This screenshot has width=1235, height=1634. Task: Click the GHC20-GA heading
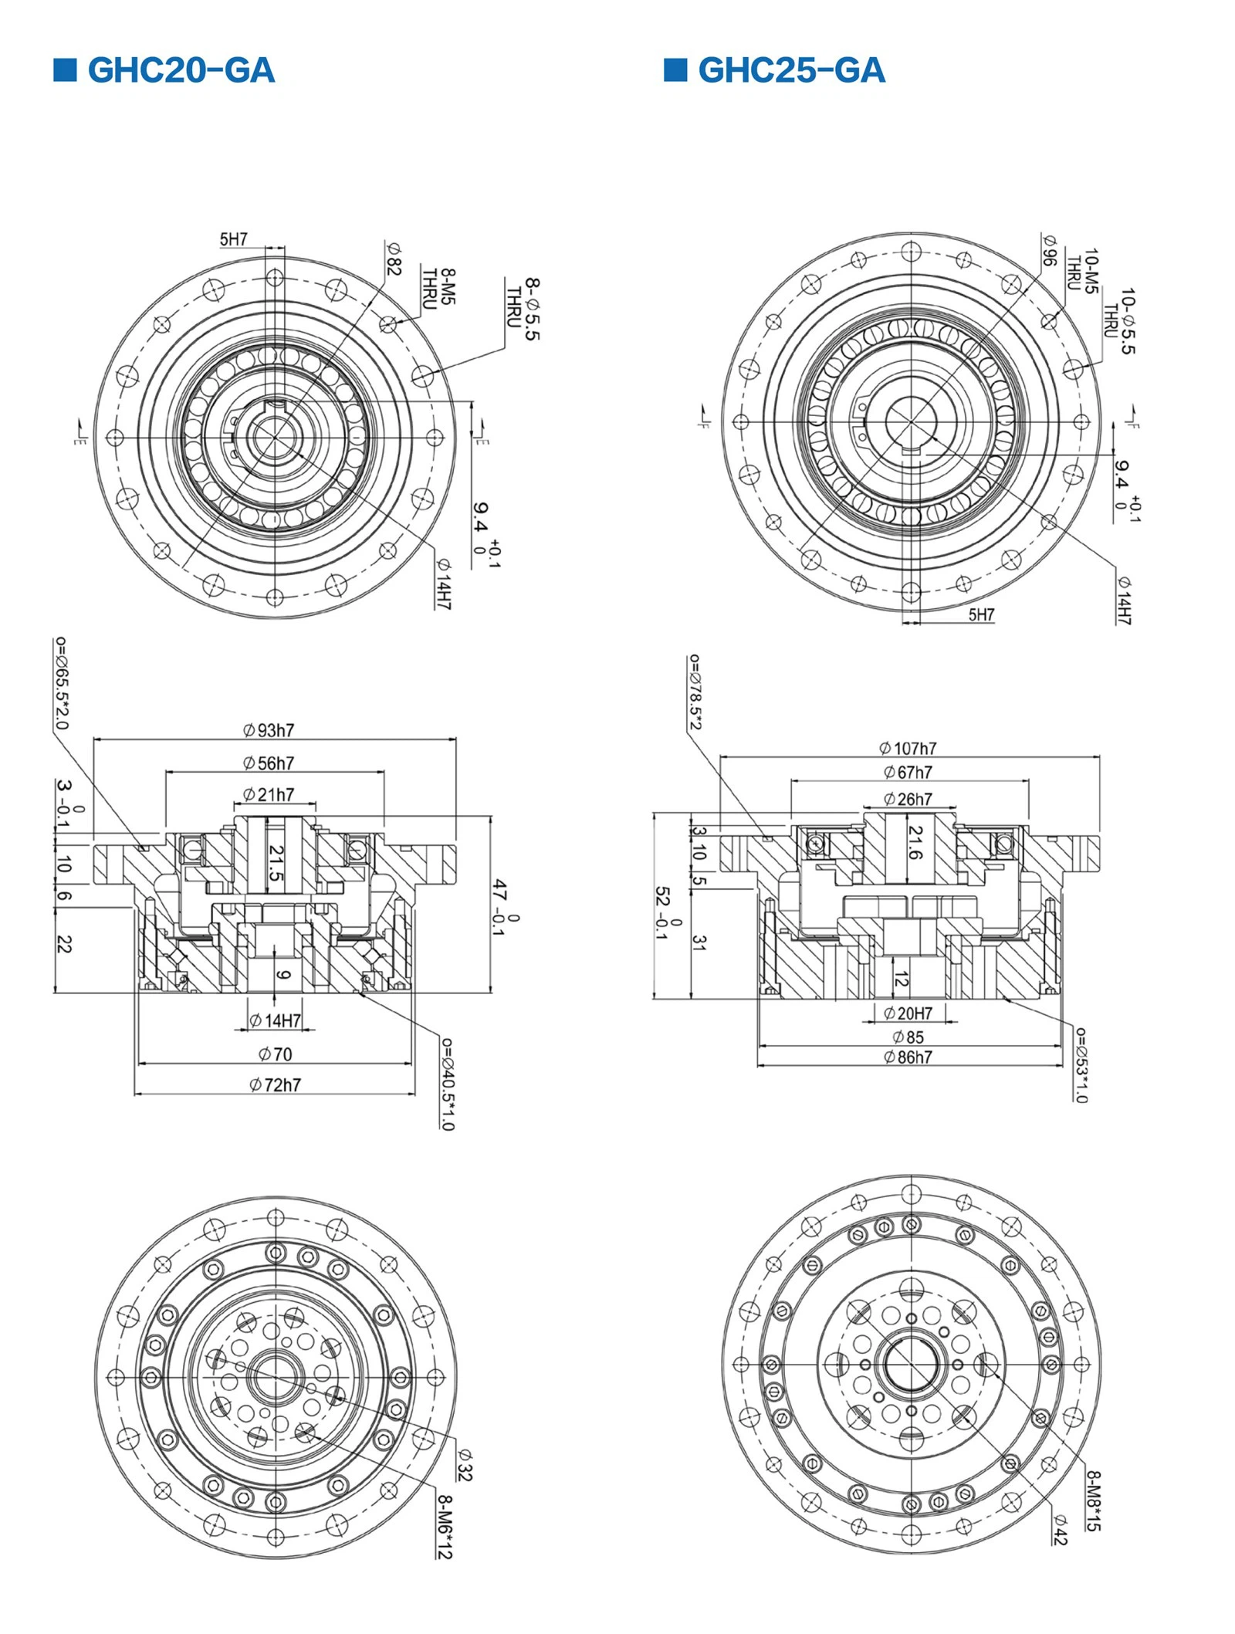coord(181,70)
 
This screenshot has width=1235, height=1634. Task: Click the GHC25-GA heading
coord(791,70)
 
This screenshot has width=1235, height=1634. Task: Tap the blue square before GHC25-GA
coord(675,69)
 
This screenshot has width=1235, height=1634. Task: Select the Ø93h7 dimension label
coord(269,730)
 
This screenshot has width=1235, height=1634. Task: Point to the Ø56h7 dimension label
coord(269,763)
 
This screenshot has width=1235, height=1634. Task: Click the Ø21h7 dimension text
coord(269,794)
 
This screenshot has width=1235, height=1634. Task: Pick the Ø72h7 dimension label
coord(276,1084)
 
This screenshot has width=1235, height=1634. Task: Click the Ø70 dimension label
coord(276,1054)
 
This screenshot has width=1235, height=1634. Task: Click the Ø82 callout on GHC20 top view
coord(394,259)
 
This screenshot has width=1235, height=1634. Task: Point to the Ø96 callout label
coord(1048,250)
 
